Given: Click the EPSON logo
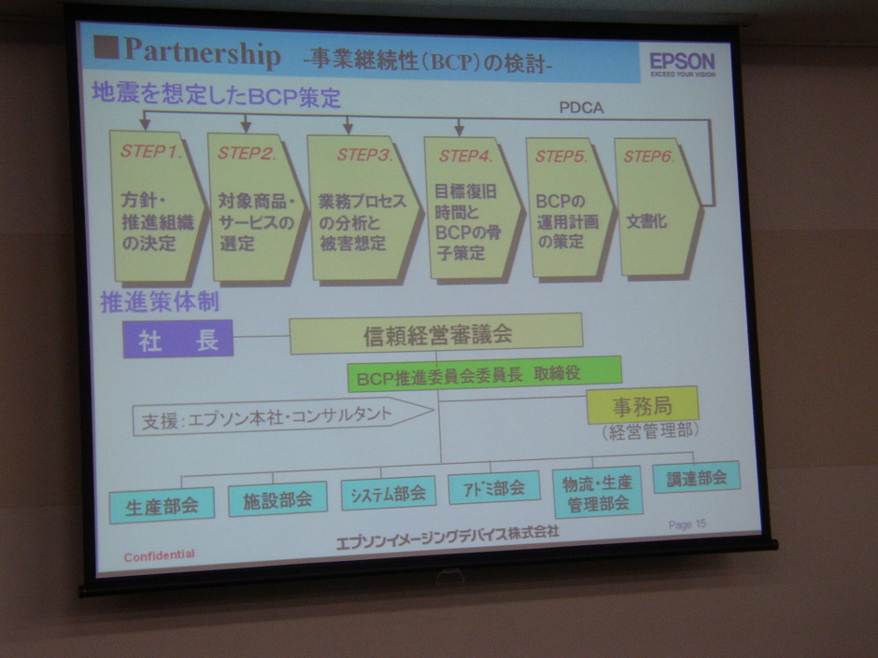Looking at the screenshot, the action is [x=683, y=64].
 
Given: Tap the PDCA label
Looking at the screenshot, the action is [x=581, y=108].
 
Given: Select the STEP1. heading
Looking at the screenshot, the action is [x=151, y=151].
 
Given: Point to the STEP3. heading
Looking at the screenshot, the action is [x=364, y=154].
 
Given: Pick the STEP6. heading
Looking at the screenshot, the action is [x=648, y=156].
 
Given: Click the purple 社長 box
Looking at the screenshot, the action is [x=178, y=339].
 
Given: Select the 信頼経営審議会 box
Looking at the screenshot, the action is [x=436, y=334].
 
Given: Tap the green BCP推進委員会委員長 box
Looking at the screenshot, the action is [x=485, y=373].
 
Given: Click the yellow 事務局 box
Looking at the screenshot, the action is [x=643, y=404].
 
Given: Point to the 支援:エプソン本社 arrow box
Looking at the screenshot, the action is [x=283, y=415].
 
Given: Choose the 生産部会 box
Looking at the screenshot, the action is [x=162, y=505].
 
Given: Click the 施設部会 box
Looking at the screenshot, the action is [x=277, y=498].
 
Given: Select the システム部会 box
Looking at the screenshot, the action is [x=389, y=493].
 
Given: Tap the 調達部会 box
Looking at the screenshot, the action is [x=697, y=477].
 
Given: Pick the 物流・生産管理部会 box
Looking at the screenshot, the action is [x=598, y=493].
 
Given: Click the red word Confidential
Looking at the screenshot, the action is [x=160, y=555].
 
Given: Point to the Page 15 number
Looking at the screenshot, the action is [x=687, y=525].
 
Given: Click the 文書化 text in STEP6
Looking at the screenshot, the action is [x=646, y=221].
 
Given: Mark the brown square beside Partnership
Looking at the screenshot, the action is [x=106, y=48].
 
